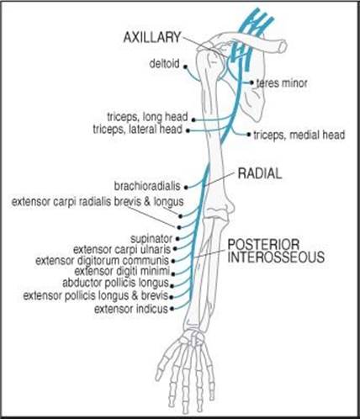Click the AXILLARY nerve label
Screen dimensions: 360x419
tap(152, 38)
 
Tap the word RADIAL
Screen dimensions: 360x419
tap(260, 173)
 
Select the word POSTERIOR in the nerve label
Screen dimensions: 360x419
tap(263, 245)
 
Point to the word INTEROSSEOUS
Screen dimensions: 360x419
tap(276, 257)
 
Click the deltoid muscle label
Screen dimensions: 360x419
tap(164, 64)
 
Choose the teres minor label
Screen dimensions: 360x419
tap(282, 83)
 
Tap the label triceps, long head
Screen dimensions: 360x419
tap(147, 117)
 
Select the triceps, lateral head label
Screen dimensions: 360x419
tap(138, 130)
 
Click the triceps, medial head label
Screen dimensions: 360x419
tap(299, 135)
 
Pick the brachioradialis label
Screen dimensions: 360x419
tap(147, 187)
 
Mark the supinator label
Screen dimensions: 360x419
tap(151, 239)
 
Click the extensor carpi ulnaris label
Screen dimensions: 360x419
tap(122, 249)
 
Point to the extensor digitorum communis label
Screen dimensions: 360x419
tap(103, 261)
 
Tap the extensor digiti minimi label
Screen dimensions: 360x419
tap(122, 271)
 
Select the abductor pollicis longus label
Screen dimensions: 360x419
tap(115, 283)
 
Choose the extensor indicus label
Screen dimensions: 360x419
tap(131, 309)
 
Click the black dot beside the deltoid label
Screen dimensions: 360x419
tap(185, 66)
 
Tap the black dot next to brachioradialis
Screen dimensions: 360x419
tap(186, 187)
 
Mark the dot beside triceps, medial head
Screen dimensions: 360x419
tap(248, 135)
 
